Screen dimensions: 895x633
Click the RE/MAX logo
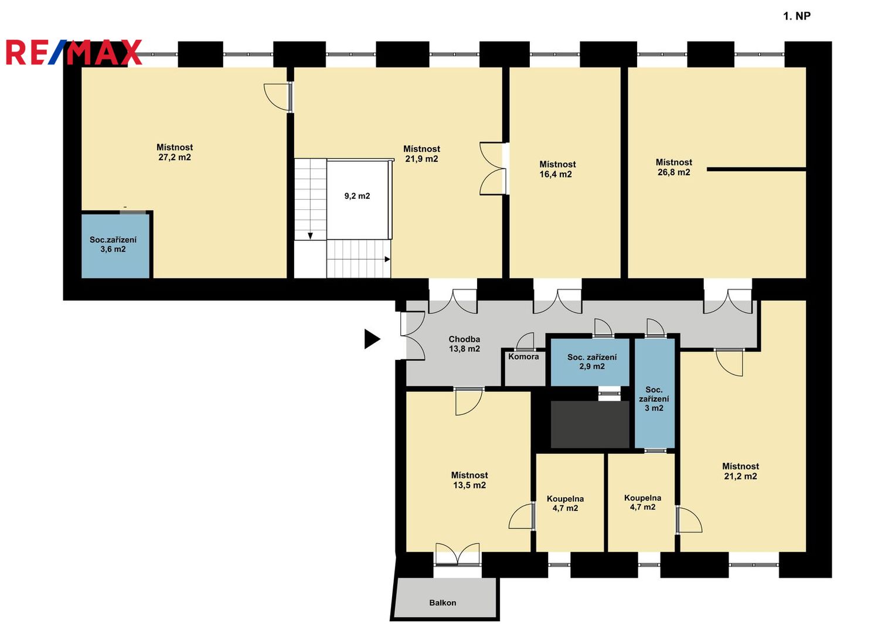tap(74, 52)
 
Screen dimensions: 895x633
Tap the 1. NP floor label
tap(797, 16)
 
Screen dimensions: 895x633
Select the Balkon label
tap(443, 603)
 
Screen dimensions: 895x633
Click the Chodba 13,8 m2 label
tap(464, 343)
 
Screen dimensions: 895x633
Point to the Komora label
tap(523, 356)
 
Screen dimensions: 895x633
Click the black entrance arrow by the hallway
tap(372, 339)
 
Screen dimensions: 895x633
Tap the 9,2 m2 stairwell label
tap(357, 196)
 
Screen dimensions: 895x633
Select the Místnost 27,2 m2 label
tap(175, 152)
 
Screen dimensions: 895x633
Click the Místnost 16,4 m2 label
tap(557, 169)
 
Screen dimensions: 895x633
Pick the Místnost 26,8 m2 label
tap(674, 167)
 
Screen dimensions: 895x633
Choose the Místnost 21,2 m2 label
tap(740, 471)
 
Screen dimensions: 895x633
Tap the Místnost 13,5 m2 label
tap(469, 480)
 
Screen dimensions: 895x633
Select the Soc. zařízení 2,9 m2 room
tap(590, 362)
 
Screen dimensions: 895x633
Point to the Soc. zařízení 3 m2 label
tap(654, 399)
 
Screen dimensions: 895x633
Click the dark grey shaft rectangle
tap(590, 424)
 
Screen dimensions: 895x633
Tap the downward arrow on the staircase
tap(310, 236)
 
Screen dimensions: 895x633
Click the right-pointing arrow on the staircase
tap(387, 259)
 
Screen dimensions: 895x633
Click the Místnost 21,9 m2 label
tap(421, 154)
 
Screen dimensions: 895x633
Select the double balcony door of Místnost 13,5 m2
tap(458, 554)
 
